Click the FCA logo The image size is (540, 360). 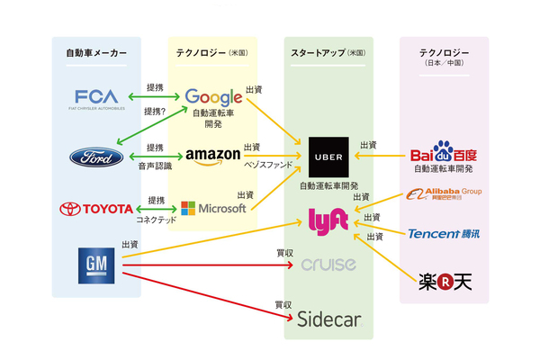coord(96,99)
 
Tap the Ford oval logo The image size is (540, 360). coord(96,157)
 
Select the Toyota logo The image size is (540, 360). coord(96,209)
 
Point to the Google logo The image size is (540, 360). coord(213,96)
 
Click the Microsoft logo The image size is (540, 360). coord(213,209)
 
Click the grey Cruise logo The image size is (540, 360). coord(328,265)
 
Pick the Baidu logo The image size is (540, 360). coord(443,153)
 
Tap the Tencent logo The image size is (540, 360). coord(443,233)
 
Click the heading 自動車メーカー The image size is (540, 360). coord(96,54)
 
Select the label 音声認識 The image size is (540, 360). coord(155,167)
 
